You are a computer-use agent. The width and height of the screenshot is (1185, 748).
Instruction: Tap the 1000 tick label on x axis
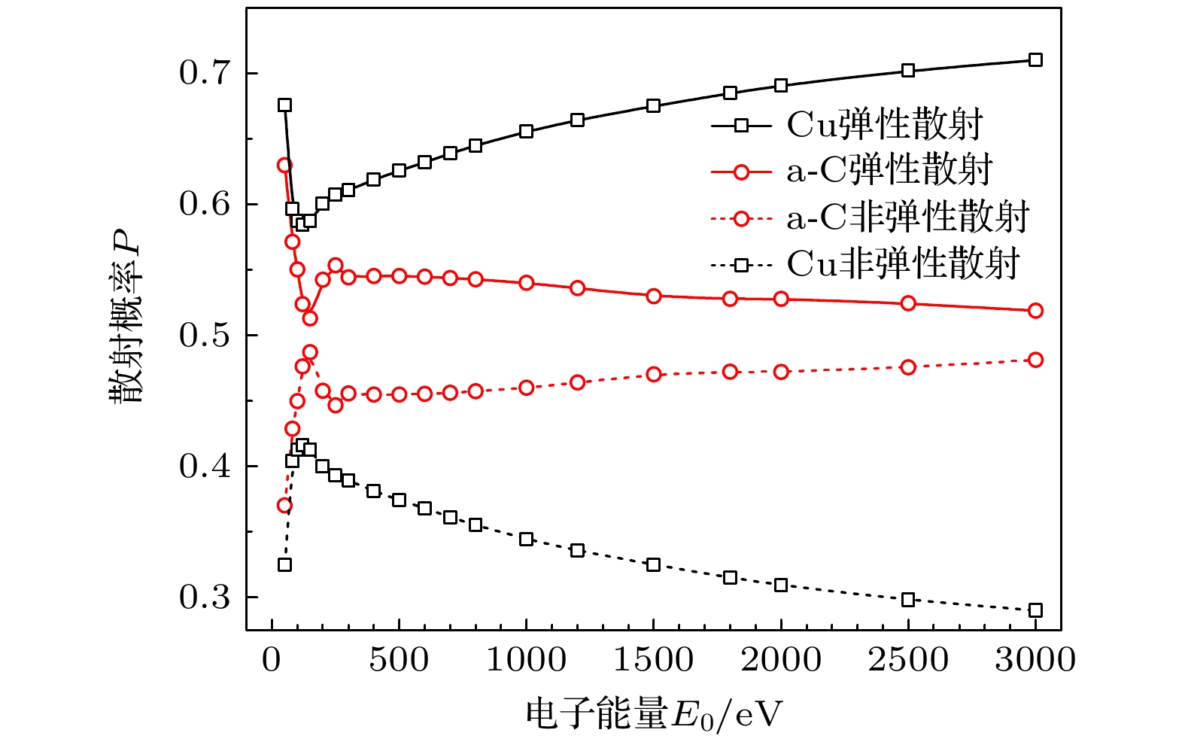[526, 661]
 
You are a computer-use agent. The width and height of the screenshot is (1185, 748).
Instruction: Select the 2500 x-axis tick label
[908, 661]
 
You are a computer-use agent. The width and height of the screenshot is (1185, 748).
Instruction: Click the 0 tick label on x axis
[272, 661]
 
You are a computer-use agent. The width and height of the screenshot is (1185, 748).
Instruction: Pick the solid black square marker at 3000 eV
[1035, 60]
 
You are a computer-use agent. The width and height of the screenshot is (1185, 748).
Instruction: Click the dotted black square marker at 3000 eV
[1035, 610]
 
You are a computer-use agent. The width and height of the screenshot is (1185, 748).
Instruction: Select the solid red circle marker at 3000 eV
[1035, 311]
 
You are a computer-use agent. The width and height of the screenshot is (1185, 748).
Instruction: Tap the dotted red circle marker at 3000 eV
[1035, 360]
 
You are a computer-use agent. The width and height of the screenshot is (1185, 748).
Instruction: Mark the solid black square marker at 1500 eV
[653, 106]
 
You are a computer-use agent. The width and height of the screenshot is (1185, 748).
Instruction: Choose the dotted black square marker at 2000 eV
[781, 585]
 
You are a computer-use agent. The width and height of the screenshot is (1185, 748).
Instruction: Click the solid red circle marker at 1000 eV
[526, 283]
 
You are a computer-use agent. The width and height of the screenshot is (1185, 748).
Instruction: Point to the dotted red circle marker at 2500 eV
[908, 367]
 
